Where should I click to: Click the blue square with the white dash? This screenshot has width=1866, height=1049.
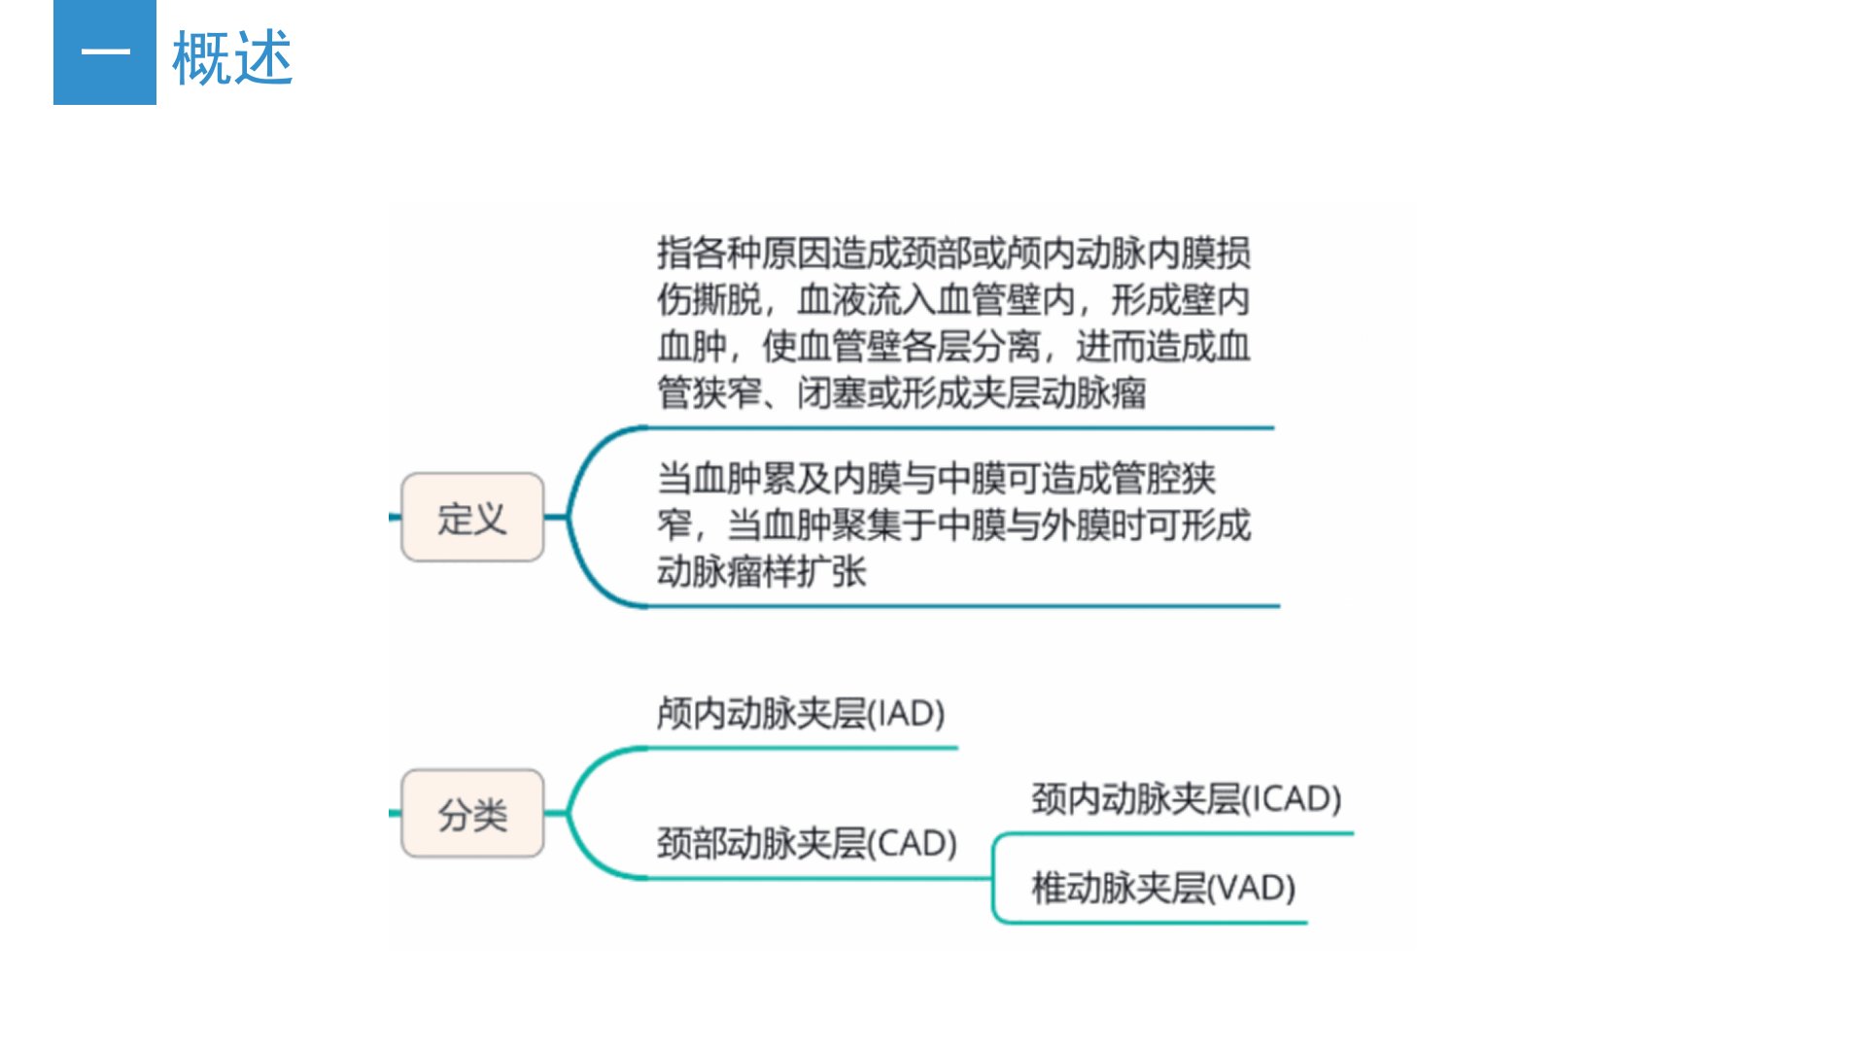pos(105,52)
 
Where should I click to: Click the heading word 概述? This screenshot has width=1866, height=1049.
pos(232,58)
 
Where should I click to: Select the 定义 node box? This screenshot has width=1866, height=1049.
pos(472,517)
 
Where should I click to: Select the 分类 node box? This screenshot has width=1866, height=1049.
pos(472,813)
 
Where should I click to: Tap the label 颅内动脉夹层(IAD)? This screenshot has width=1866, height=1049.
pos(801,714)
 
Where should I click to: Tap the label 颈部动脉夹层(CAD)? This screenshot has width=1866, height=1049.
pos(808,843)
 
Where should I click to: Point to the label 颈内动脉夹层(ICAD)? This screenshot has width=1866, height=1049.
pos(1187,798)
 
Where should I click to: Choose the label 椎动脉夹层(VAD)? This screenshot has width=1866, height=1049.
pos(1163,888)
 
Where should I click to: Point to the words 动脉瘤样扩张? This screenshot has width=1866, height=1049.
pos(761,571)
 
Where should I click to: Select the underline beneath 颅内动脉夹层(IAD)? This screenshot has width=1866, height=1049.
pos(803,748)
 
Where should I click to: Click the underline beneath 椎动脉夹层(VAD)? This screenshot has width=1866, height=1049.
pos(1151,922)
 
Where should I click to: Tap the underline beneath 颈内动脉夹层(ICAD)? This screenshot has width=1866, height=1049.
pos(1174,833)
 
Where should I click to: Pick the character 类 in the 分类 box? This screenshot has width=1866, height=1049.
pos(491,814)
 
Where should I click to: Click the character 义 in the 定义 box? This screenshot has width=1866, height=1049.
pos(491,518)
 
